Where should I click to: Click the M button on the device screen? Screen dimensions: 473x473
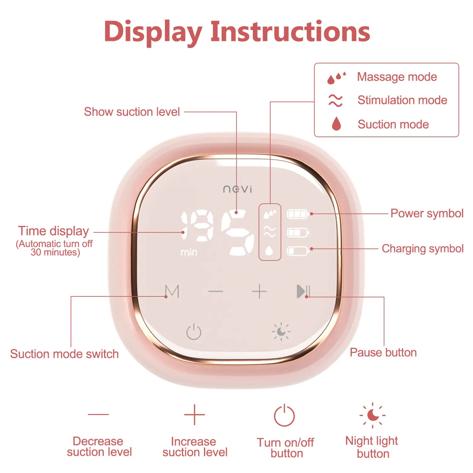pos(172,291)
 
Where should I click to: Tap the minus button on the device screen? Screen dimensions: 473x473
pos(216,291)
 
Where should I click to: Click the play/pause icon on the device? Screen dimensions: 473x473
pos(303,291)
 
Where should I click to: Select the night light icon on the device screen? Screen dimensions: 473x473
pos(281,332)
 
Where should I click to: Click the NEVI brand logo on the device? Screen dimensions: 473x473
pos(237,189)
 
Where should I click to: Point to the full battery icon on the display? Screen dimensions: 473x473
pos(298,214)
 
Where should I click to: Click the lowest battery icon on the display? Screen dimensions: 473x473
pos(298,251)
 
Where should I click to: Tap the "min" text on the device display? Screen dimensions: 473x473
pos(189,252)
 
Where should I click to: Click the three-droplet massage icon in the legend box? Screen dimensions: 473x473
pos(336,78)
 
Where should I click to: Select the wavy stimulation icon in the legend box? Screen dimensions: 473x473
pos(336,100)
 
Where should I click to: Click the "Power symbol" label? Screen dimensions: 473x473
pos(427,213)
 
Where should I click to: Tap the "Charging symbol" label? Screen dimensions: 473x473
pos(422,249)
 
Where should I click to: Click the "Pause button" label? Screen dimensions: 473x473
pos(383,353)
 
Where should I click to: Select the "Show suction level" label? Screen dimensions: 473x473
pos(132,112)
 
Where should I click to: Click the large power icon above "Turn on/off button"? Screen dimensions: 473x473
pos(284,415)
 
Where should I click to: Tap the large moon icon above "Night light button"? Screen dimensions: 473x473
pos(373,415)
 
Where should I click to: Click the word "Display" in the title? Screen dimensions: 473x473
pos(153,32)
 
